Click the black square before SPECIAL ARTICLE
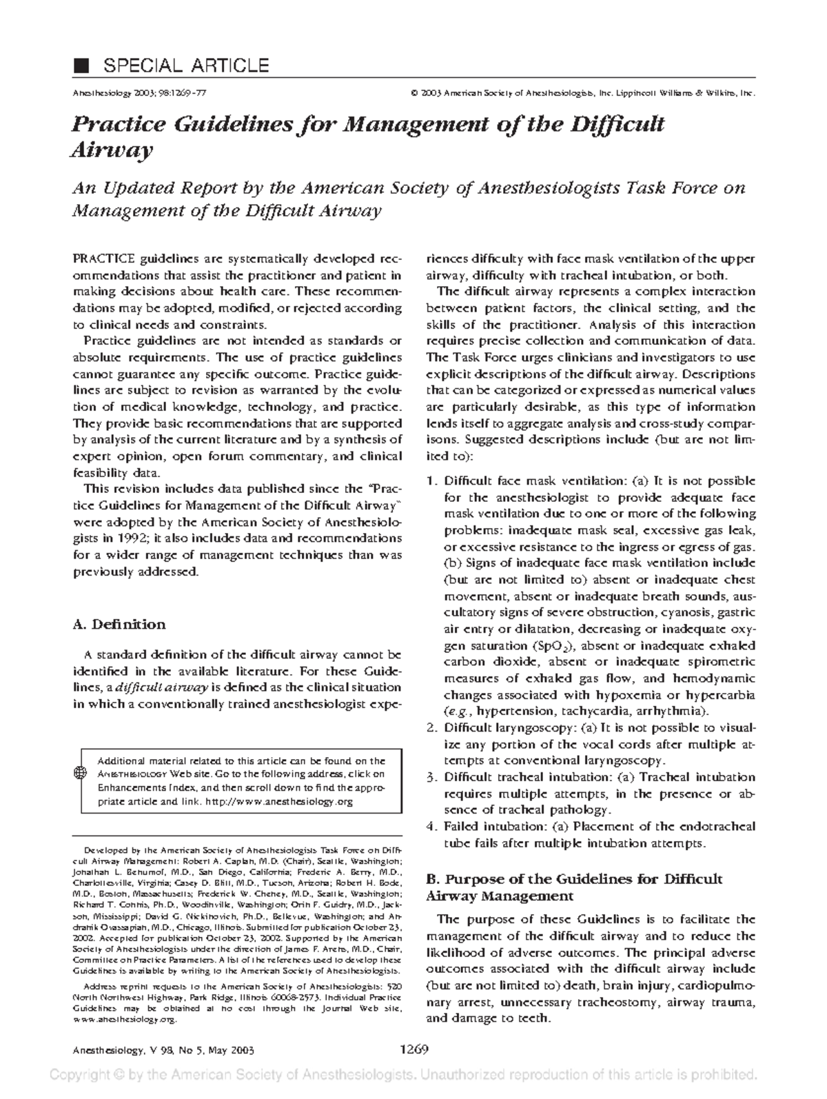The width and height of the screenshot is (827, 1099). tap(82, 65)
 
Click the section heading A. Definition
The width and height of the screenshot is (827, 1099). tap(119, 625)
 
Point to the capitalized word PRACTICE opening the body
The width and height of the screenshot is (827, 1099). tap(104, 259)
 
